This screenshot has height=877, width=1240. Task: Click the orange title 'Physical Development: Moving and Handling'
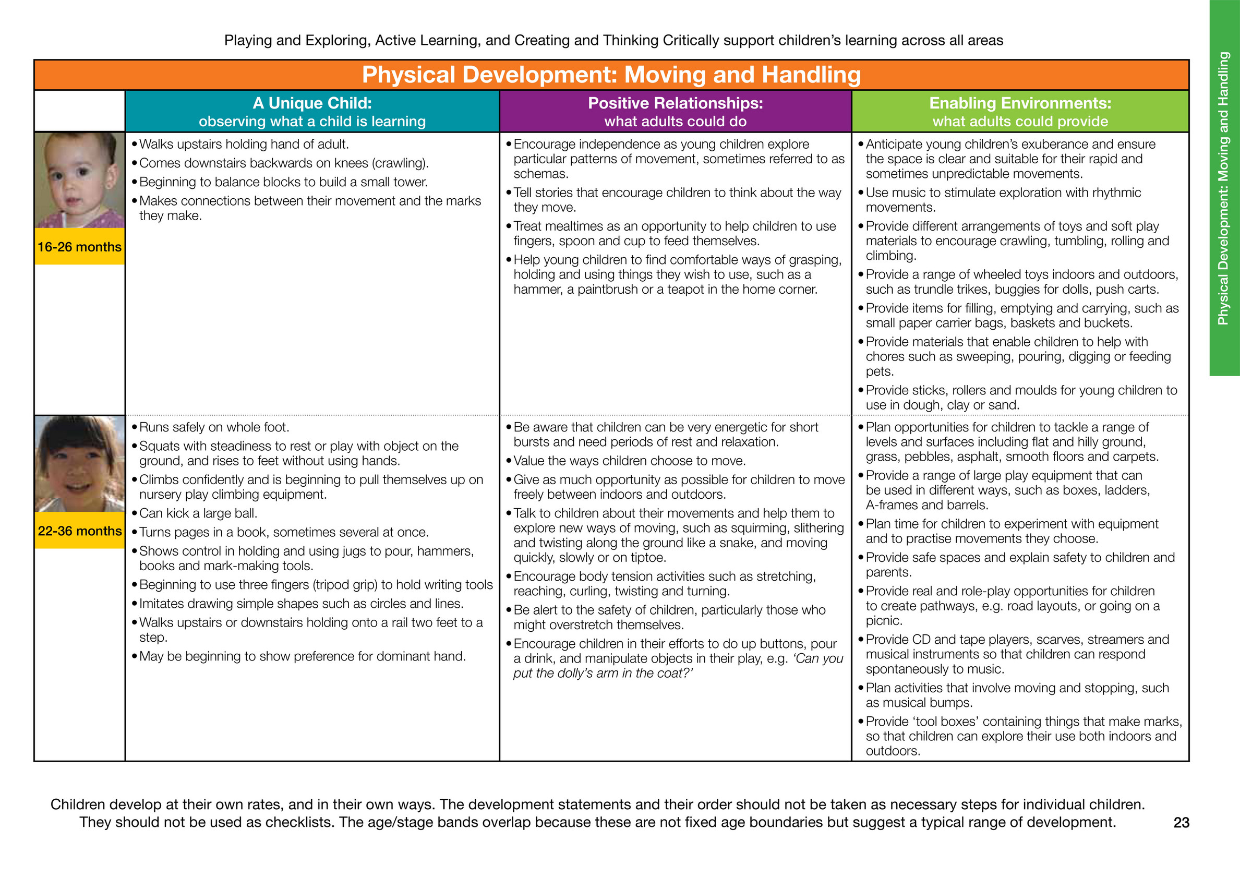click(611, 75)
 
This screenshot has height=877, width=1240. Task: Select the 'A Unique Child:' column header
click(312, 103)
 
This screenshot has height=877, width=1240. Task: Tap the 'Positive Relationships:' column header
click(675, 103)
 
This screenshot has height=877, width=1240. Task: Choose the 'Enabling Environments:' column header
click(1020, 103)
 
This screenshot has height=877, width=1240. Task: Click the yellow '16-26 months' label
click(79, 247)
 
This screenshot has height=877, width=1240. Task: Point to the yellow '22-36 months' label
click(79, 531)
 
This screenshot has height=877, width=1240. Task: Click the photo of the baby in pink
click(79, 180)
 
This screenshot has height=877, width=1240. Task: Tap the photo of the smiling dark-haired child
click(79, 464)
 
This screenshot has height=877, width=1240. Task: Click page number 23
click(1181, 822)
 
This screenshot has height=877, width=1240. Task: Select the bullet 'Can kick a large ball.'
click(198, 513)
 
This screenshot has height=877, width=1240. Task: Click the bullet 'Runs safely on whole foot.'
click(214, 427)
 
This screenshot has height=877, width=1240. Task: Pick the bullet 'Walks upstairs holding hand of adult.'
click(244, 144)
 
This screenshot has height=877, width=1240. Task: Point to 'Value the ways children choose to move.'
click(629, 461)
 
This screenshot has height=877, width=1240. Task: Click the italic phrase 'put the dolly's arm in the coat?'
click(603, 674)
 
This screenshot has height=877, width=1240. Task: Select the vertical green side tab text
click(1224, 188)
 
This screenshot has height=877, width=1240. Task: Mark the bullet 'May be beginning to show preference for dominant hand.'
click(302, 656)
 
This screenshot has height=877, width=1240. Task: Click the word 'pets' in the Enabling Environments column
click(878, 371)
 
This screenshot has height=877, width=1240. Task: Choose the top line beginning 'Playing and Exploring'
click(613, 41)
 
